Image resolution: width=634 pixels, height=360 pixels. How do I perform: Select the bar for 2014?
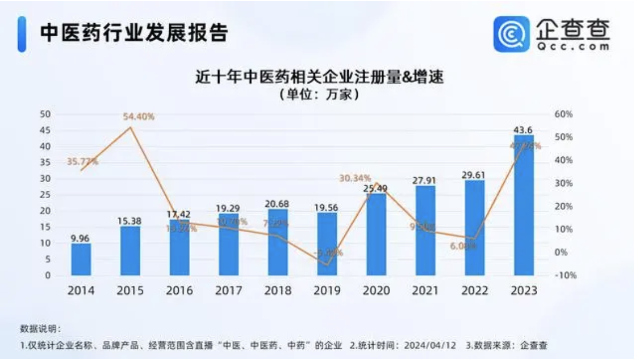81,260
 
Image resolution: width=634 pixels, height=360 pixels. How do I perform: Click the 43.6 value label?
524,130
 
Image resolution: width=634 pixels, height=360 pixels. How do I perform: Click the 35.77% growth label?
82,162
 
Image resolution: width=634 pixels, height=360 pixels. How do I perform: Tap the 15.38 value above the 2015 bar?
130,220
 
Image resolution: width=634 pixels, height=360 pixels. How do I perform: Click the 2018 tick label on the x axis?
277,291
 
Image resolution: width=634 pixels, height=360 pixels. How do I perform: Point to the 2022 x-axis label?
474,291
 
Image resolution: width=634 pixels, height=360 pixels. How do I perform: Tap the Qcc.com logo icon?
511,33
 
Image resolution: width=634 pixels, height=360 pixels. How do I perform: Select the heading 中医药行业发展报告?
134,33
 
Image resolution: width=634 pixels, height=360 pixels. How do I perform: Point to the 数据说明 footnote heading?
40,329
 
